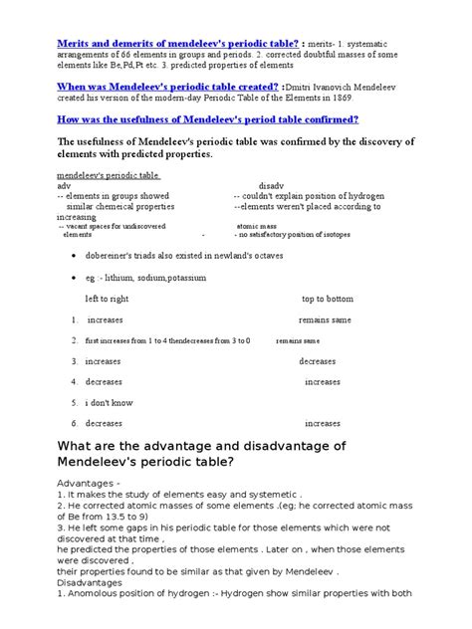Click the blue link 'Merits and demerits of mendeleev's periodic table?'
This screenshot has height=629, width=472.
[x=177, y=45]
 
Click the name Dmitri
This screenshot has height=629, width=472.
[x=330, y=87]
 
